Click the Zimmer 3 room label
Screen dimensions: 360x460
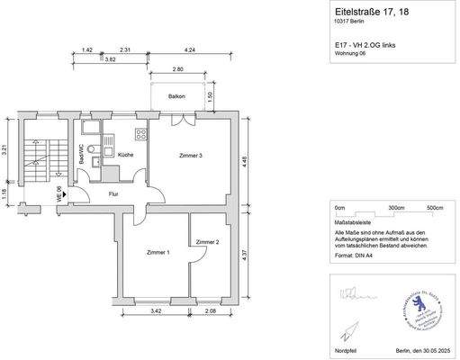coord(190,156)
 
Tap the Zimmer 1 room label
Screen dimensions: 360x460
coord(158,253)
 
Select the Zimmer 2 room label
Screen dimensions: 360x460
coord(208,242)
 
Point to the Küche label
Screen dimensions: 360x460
coord(125,156)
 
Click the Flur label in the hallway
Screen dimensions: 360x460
coord(113,193)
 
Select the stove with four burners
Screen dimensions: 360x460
coord(141,134)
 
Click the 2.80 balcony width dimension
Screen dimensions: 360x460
coord(178,69)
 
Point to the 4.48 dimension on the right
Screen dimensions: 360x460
coord(257,162)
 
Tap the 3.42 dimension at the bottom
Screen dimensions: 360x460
coord(155,310)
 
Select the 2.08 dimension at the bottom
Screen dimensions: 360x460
coord(211,310)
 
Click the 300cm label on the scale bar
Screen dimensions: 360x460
coord(396,207)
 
